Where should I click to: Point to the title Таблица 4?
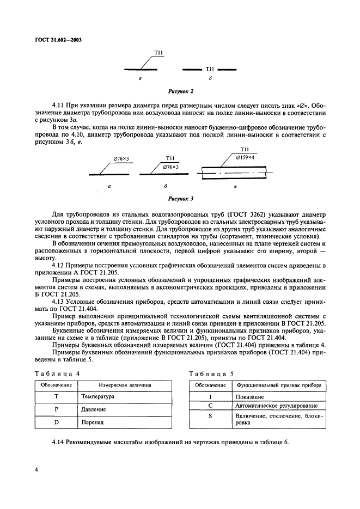(x=57, y=373)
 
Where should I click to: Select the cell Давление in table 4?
(x=93, y=409)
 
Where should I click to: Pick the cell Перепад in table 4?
(x=91, y=422)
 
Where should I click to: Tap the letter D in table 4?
(x=56, y=422)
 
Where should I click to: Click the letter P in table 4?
(x=56, y=409)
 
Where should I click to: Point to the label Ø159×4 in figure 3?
(x=246, y=157)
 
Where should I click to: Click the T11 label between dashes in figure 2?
(x=210, y=70)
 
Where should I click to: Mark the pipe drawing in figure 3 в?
(x=235, y=173)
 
